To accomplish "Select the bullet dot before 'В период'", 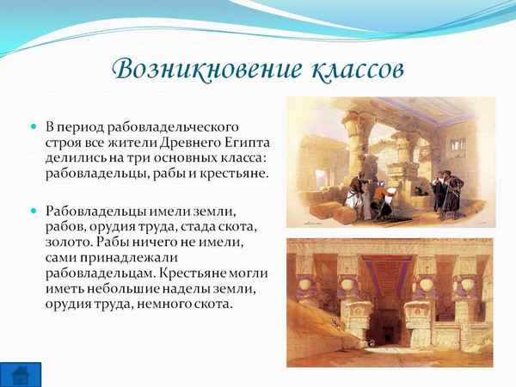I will click(34, 126).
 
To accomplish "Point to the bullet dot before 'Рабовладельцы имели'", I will click(34, 210).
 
